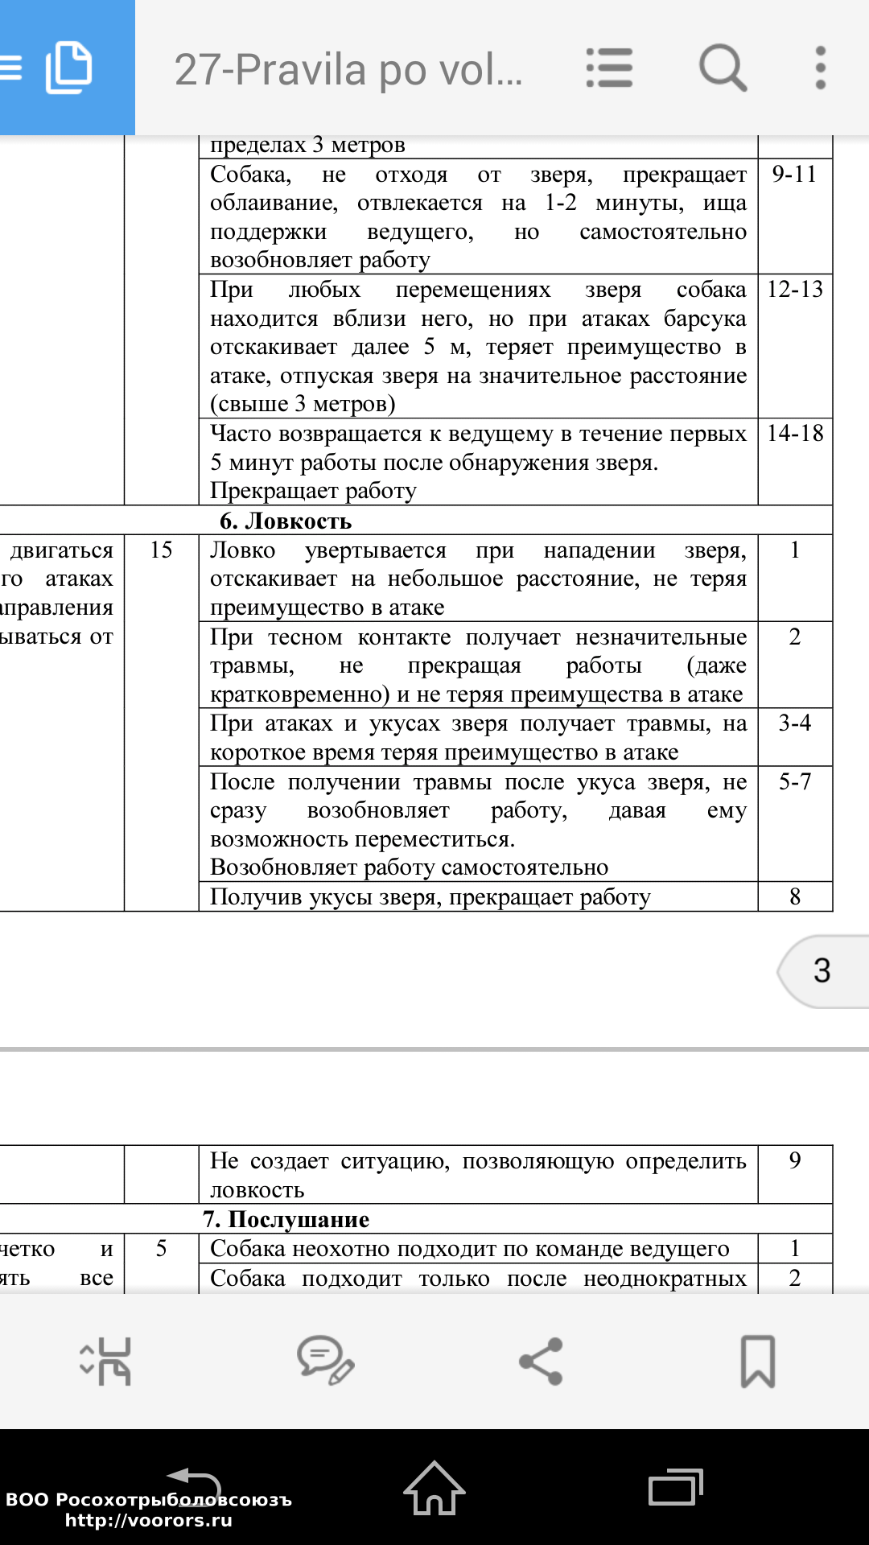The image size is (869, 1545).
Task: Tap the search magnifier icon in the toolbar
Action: (x=723, y=68)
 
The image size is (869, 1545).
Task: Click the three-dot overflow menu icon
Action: (x=820, y=68)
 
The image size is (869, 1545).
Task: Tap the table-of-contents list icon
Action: (x=609, y=68)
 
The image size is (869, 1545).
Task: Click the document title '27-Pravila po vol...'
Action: (x=348, y=69)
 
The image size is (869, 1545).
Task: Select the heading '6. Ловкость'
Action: (x=286, y=521)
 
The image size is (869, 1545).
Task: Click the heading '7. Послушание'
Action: (x=286, y=1219)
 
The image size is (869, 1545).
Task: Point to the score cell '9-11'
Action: (x=794, y=175)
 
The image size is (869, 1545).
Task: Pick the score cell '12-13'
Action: (x=795, y=290)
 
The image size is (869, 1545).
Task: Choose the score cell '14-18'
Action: (x=795, y=434)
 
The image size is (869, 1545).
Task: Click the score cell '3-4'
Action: (x=794, y=723)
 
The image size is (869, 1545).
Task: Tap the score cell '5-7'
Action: (x=794, y=781)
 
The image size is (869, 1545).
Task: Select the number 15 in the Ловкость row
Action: (x=161, y=550)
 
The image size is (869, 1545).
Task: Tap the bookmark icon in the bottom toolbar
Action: (x=757, y=1361)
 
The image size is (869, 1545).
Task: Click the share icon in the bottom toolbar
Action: (x=541, y=1361)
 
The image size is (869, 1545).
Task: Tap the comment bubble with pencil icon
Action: (x=325, y=1361)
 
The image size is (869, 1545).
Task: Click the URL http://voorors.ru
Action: (x=149, y=1520)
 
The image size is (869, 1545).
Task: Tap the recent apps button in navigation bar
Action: (x=675, y=1487)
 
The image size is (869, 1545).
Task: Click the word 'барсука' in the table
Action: (x=705, y=319)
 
